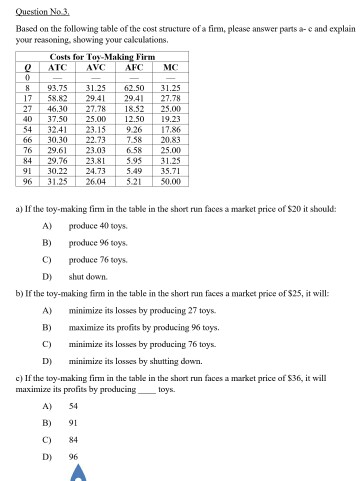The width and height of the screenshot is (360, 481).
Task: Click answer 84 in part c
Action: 75,439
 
